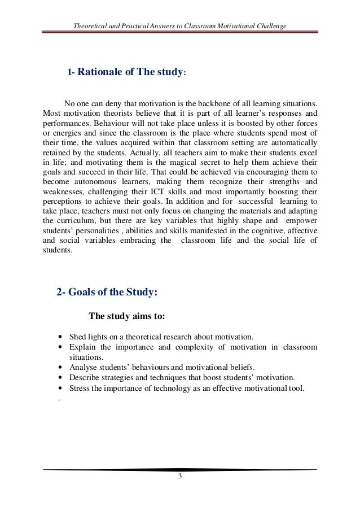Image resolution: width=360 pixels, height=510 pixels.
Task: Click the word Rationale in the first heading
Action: tap(99, 72)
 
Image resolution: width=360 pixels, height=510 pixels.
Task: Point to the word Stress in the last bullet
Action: tap(79, 388)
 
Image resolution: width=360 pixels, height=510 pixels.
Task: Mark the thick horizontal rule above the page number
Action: tap(179, 469)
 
